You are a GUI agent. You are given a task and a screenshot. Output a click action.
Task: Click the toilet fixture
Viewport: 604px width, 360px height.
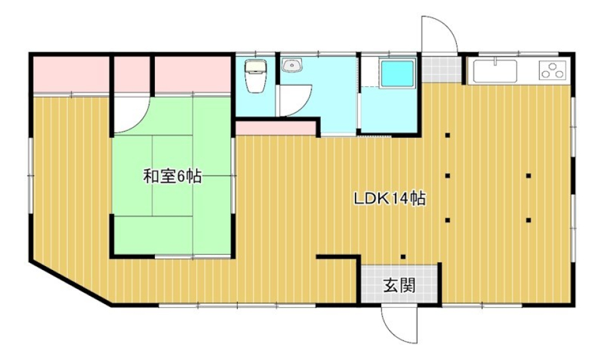(255, 77)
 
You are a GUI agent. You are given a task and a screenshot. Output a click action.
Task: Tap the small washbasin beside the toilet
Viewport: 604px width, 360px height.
(293, 65)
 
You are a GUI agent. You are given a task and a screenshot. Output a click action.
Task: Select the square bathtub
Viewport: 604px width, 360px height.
(398, 74)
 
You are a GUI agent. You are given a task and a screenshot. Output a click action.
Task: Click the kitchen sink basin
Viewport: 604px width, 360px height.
(495, 71)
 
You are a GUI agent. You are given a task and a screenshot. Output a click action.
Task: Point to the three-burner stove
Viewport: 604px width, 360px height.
(553, 70)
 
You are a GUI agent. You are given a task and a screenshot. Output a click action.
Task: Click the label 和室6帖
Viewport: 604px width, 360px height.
(172, 177)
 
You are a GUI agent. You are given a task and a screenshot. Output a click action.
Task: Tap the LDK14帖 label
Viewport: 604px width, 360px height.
(390, 200)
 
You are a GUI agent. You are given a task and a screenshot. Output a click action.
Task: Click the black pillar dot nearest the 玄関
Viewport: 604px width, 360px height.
(403, 256)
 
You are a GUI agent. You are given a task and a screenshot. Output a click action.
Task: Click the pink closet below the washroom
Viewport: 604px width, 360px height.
(276, 128)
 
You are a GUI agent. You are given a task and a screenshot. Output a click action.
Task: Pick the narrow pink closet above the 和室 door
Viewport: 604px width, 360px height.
(131, 74)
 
